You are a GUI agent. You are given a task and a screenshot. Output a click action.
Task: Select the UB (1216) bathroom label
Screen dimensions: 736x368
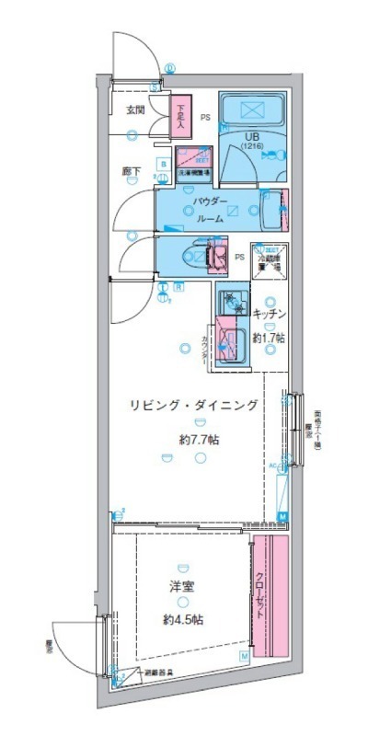click(x=251, y=142)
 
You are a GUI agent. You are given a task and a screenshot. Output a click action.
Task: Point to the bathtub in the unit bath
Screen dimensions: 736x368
click(x=253, y=111)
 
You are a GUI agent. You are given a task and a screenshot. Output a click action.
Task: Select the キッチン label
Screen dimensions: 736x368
click(x=270, y=313)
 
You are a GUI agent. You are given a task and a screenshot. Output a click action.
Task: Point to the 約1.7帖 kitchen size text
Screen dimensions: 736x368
click(x=269, y=337)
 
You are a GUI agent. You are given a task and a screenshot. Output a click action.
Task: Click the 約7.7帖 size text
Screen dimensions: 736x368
click(x=199, y=440)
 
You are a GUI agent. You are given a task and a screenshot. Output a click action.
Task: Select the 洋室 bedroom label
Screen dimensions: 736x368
click(x=181, y=586)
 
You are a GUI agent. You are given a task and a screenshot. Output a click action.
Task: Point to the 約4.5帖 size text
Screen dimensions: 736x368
click(x=183, y=619)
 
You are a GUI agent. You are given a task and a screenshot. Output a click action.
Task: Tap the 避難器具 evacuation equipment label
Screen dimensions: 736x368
click(x=158, y=673)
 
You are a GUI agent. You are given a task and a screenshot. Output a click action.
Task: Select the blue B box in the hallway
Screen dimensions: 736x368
click(x=163, y=165)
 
